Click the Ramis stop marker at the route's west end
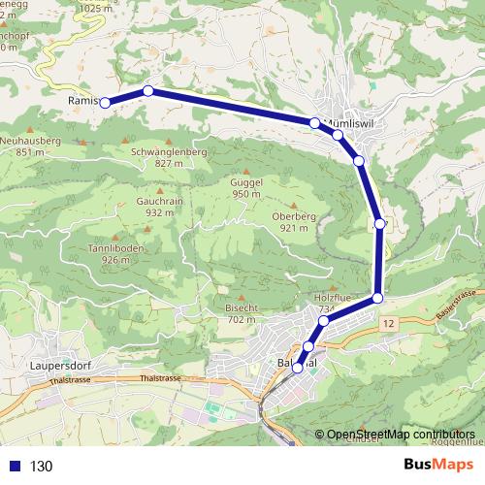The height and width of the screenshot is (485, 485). coord(106,102)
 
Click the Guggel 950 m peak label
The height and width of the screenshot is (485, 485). coord(246,188)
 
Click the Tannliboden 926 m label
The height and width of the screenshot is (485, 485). coord(115,254)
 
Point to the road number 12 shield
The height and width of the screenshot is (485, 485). coord(389,321)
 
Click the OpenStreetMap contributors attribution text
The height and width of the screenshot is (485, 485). coord(402,435)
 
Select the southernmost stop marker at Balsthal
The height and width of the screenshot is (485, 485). coord(298,368)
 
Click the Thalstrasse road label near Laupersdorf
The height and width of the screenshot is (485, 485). coord(161,378)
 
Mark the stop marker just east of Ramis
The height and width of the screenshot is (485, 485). coord(148,91)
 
